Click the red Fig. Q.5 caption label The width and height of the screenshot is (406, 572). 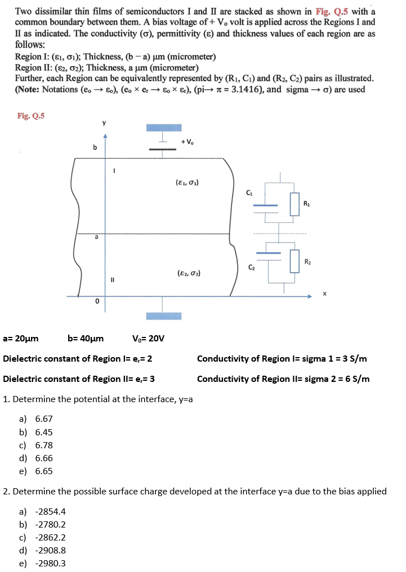(x=31, y=116)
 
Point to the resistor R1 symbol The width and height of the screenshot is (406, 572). (x=294, y=205)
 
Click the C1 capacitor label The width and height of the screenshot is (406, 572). (x=249, y=193)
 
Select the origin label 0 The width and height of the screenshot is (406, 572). (x=97, y=303)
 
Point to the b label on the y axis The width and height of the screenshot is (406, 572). (x=95, y=147)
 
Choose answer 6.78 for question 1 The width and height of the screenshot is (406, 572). (x=43, y=445)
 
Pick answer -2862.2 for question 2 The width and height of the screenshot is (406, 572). (x=50, y=537)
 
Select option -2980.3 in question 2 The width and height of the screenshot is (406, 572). (x=50, y=563)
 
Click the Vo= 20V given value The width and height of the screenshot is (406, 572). (x=148, y=339)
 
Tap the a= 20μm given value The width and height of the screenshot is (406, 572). (x=21, y=339)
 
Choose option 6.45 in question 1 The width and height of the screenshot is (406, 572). (x=43, y=432)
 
